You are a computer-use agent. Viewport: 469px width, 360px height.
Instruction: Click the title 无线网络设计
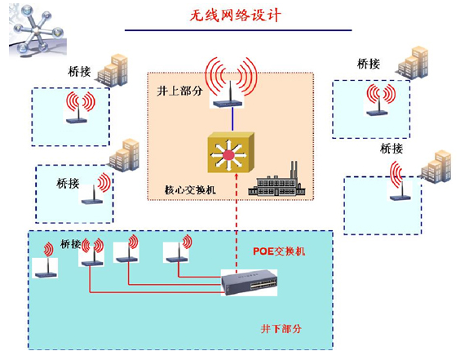(236, 16)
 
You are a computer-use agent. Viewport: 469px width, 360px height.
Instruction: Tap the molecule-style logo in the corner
(38, 30)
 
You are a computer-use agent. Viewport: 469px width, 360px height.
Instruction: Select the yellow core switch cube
(231, 153)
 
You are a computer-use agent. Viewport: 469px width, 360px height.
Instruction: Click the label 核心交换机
(190, 189)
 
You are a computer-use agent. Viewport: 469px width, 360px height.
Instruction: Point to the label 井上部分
(179, 91)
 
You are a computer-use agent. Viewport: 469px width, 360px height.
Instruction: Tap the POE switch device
(249, 282)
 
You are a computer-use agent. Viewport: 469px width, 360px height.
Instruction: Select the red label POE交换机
(279, 251)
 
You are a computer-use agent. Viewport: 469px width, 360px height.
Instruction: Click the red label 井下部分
(281, 329)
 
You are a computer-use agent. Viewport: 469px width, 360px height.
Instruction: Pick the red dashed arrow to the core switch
(237, 221)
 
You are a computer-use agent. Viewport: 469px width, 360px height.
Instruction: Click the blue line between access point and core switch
(232, 119)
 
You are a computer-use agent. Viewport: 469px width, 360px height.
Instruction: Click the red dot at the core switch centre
(229, 156)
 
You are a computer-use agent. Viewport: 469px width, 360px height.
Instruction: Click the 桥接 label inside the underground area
(71, 244)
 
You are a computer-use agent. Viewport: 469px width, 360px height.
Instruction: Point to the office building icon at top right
(413, 63)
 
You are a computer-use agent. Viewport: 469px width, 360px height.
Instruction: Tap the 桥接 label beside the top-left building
(79, 72)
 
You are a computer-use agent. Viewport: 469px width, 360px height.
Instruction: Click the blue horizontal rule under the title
(238, 30)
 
